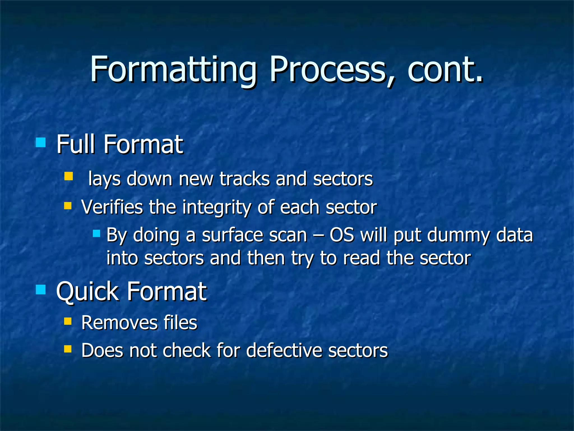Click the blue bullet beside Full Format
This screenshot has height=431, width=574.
pyautogui.click(x=41, y=142)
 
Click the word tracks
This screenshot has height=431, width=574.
pyautogui.click(x=244, y=179)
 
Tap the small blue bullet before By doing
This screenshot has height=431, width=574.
pyautogui.click(x=96, y=233)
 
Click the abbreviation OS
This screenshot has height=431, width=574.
pyautogui.click(x=342, y=235)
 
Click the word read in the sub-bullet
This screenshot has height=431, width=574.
pyautogui.click(x=362, y=258)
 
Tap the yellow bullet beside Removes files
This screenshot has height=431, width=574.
pyautogui.click(x=68, y=321)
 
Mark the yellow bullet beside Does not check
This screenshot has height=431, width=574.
pyautogui.click(x=68, y=349)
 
